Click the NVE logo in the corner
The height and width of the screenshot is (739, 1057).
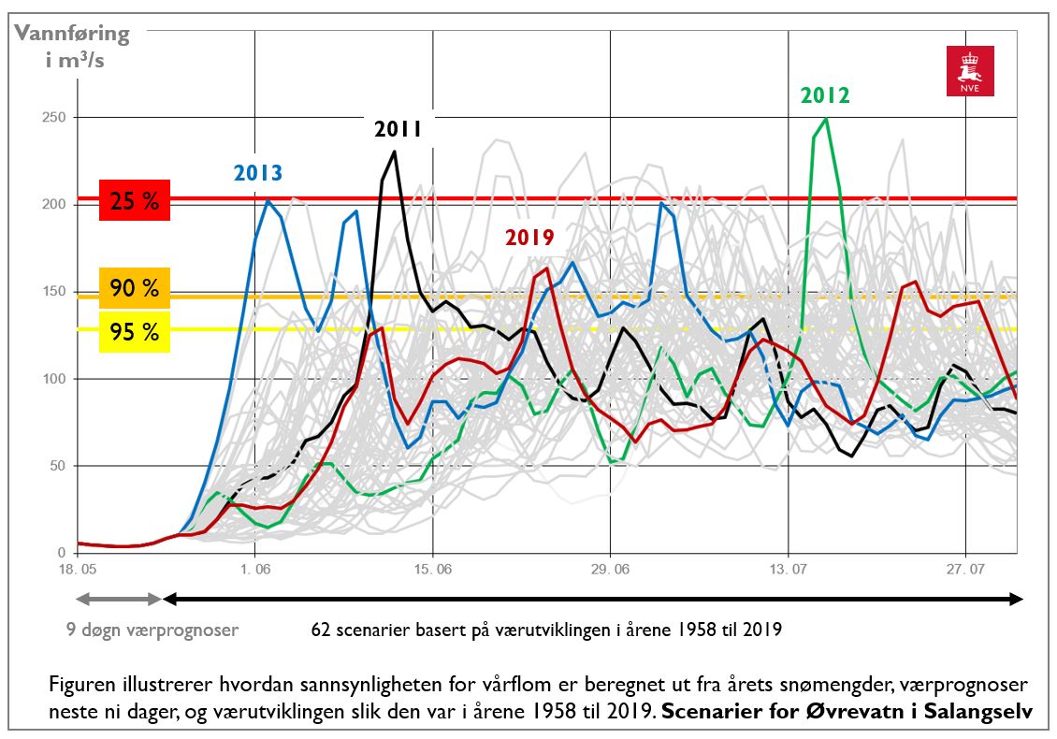pyautogui.click(x=970, y=71)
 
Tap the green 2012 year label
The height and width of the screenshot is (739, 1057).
pyautogui.click(x=824, y=95)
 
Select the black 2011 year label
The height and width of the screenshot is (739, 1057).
pyautogui.click(x=398, y=130)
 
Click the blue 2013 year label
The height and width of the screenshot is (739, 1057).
pyautogui.click(x=258, y=172)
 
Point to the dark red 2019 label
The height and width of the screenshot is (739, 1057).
pyautogui.click(x=530, y=238)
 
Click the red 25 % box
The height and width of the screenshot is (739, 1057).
pyautogui.click(x=135, y=200)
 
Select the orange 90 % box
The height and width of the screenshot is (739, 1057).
pyautogui.click(x=135, y=288)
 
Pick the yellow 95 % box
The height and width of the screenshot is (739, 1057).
pyautogui.click(x=135, y=331)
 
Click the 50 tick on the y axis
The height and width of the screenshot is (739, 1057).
pyautogui.click(x=55, y=466)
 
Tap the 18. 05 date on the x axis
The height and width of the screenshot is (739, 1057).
pyautogui.click(x=78, y=569)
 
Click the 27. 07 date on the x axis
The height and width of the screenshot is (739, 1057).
pyautogui.click(x=964, y=569)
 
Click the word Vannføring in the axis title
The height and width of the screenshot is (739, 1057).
pyautogui.click(x=71, y=35)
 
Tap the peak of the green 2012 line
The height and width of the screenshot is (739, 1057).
pyautogui.click(x=826, y=119)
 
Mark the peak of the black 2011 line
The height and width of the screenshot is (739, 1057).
pyautogui.click(x=395, y=152)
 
